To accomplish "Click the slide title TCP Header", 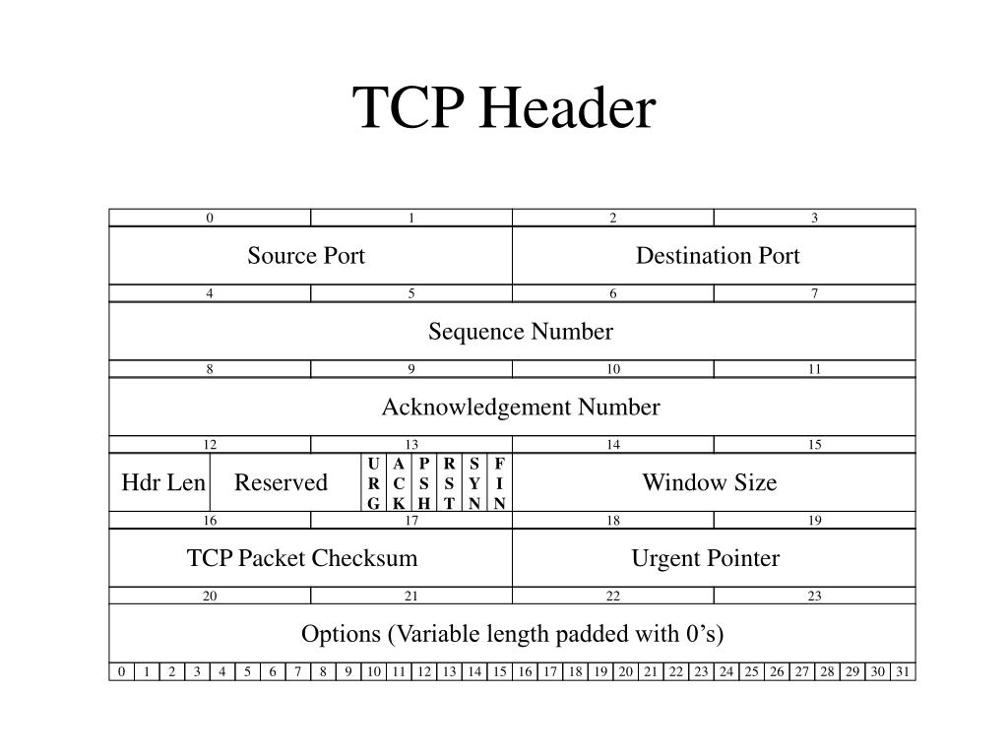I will (x=504, y=107).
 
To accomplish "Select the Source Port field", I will (x=306, y=256).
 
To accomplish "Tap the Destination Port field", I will (x=718, y=256).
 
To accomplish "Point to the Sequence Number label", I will (x=520, y=332).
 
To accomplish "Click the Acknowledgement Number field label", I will (x=521, y=408).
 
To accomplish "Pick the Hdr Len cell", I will (x=163, y=482).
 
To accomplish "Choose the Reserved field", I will (x=281, y=482).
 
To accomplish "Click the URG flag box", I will (x=373, y=482).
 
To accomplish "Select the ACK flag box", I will (x=399, y=482).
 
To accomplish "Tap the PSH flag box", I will (x=424, y=482).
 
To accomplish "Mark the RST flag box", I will (x=449, y=482).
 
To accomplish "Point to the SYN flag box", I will (x=474, y=482).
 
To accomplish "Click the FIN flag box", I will (x=500, y=482).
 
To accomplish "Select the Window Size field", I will (x=710, y=482).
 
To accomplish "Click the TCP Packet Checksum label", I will (x=302, y=558).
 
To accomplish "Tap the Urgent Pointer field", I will (x=706, y=558).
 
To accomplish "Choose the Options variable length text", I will (x=513, y=634).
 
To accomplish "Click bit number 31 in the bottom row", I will (x=903, y=671).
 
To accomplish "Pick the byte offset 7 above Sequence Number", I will (x=815, y=293).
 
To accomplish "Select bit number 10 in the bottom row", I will (x=373, y=671).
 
